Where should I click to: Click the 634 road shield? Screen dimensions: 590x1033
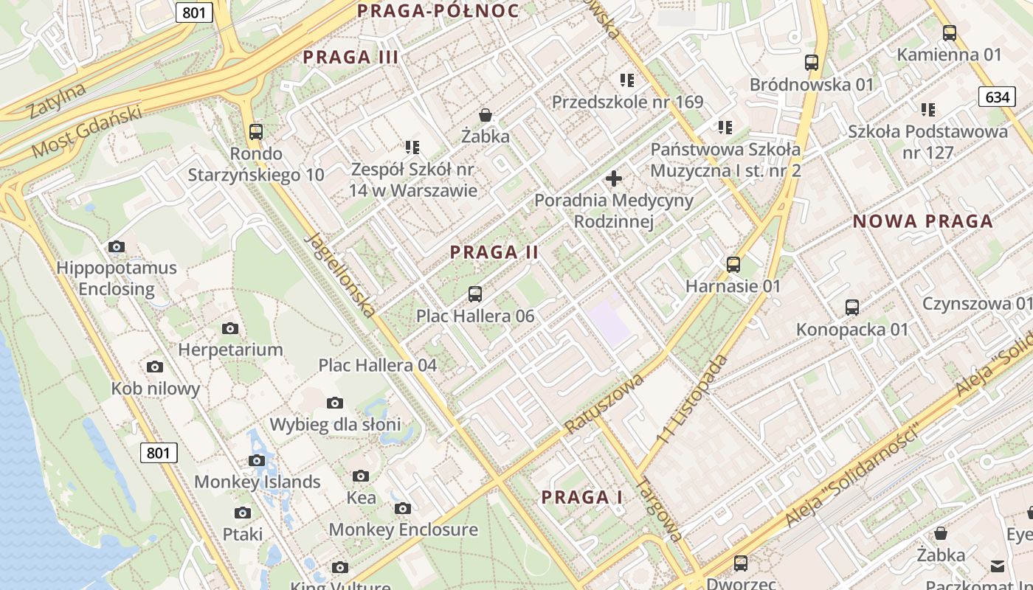coord(997,97)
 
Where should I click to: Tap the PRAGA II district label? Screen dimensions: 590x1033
coord(494,252)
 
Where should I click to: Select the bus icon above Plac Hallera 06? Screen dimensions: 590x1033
coord(475,294)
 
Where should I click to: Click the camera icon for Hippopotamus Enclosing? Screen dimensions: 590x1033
coord(116,246)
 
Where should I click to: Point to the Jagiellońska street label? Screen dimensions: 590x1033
coord(340,274)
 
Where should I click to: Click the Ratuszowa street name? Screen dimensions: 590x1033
coord(604,403)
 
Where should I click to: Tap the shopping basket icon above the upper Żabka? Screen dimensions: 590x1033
coord(486,115)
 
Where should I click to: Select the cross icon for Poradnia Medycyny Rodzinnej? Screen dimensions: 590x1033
coord(613,178)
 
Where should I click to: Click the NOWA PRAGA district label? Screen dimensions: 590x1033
coord(922,221)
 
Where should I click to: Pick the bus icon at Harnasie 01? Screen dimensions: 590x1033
coord(733,265)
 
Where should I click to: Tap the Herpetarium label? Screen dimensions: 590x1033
coord(230,350)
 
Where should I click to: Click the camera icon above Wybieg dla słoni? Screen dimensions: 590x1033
coord(335,403)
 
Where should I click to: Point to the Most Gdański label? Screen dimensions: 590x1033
coord(86,132)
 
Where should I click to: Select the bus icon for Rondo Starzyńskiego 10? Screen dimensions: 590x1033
coord(256,132)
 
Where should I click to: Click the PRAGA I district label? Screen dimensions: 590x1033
coord(582,497)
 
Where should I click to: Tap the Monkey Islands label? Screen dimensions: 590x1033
coord(257,482)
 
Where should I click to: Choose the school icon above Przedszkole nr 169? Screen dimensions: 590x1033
coord(627,80)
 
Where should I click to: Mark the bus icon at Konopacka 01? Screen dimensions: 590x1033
coord(852,308)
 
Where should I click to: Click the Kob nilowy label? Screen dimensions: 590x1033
coord(156,389)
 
